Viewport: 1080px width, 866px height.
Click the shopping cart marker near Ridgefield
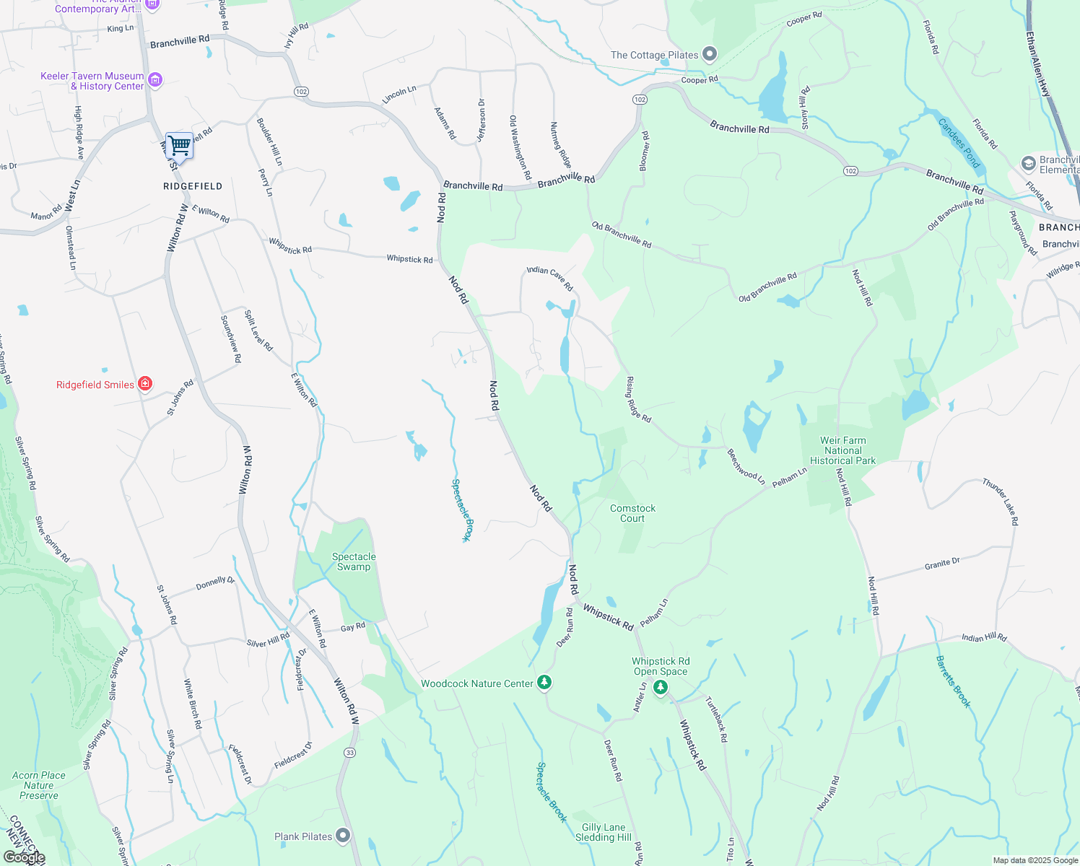(x=179, y=146)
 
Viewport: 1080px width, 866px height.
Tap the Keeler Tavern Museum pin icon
(x=154, y=79)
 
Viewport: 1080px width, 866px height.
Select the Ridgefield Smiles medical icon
(x=145, y=383)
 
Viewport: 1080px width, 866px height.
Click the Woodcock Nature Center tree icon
(x=545, y=682)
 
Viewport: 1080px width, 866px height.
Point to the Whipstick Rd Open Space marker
(x=661, y=687)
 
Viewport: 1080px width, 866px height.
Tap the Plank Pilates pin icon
(x=343, y=836)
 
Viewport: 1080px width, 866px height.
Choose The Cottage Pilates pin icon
(x=710, y=54)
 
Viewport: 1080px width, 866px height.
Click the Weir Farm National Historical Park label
(x=842, y=450)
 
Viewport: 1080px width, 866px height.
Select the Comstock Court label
(x=632, y=513)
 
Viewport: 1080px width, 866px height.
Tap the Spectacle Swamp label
(x=354, y=561)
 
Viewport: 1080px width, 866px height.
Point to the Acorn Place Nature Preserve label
(x=39, y=785)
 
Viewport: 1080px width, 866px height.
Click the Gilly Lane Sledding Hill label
(x=604, y=832)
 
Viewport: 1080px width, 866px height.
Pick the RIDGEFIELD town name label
(x=193, y=186)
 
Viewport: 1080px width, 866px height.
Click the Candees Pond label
(x=959, y=143)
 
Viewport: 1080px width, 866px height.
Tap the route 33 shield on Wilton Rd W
(x=350, y=752)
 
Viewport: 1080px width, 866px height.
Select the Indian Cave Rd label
(x=549, y=277)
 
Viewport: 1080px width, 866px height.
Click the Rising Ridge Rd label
(x=639, y=399)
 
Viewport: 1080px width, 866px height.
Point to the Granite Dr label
(x=942, y=564)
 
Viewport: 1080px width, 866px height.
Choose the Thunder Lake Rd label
(x=1001, y=501)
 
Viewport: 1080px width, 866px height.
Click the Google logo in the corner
(x=25, y=857)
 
